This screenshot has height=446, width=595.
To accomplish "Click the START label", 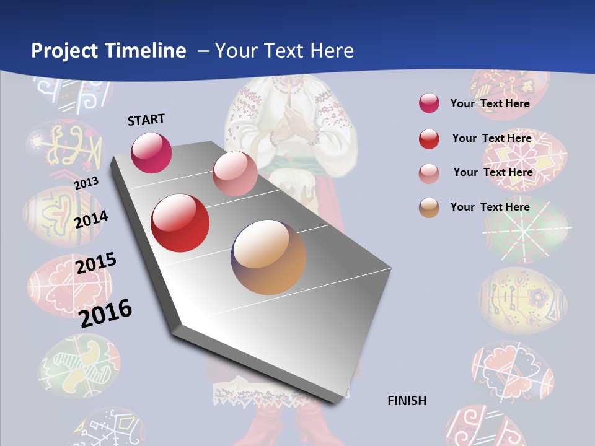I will tap(146, 120).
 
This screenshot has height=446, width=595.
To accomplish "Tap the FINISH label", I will tap(407, 401).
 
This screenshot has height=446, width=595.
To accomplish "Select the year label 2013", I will tap(86, 183).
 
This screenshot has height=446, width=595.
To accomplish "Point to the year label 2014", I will tap(92, 219).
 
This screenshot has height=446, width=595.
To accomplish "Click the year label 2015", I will tap(96, 264).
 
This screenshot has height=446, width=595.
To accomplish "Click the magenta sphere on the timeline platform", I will tap(151, 152).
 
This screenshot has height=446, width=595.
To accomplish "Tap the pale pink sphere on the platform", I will tap(235, 173).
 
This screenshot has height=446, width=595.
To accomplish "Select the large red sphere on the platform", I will tap(180, 223).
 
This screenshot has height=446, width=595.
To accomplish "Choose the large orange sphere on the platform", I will tap(268, 257).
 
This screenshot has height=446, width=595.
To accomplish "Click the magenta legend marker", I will tap(429, 103).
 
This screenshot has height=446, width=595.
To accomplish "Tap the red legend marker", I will tap(429, 139).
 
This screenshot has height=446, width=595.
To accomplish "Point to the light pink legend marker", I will tap(429, 173).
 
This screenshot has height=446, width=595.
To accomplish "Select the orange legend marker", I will tap(429, 208).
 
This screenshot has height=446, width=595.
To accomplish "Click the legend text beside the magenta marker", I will tap(490, 103).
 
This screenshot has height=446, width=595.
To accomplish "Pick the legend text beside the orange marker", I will tap(490, 207).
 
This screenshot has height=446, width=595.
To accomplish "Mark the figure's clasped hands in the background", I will tap(289, 124).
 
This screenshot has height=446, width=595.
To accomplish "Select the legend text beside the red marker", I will tap(491, 138).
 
